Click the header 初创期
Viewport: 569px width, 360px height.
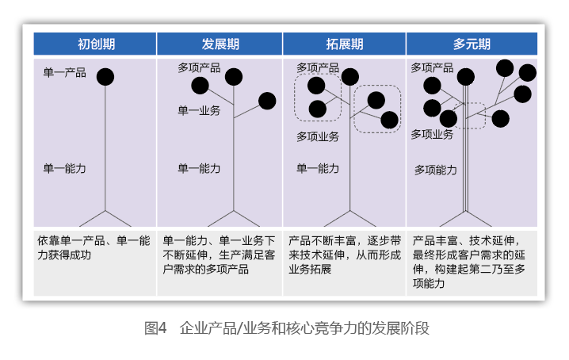tap(94, 44)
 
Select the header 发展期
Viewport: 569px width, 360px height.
tap(219, 44)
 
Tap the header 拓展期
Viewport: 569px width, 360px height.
tap(344, 44)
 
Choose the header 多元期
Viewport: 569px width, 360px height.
tap(472, 44)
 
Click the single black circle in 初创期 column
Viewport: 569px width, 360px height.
tap(105, 77)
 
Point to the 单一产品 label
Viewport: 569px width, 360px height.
tap(65, 73)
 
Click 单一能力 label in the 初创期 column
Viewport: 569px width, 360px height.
tap(65, 168)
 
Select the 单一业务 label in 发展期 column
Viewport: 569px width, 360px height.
tap(199, 111)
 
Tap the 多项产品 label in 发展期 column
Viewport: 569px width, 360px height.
tap(199, 69)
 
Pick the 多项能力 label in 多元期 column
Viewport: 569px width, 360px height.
tap(436, 170)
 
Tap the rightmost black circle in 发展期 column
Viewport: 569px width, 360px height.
tap(267, 101)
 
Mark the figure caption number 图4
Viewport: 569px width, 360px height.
tap(155, 327)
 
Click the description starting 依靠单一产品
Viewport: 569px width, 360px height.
tap(94, 247)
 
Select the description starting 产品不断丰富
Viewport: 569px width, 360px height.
tap(344, 254)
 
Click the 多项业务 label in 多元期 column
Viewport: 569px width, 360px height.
tap(432, 134)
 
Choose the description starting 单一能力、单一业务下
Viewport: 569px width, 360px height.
tap(219, 254)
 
